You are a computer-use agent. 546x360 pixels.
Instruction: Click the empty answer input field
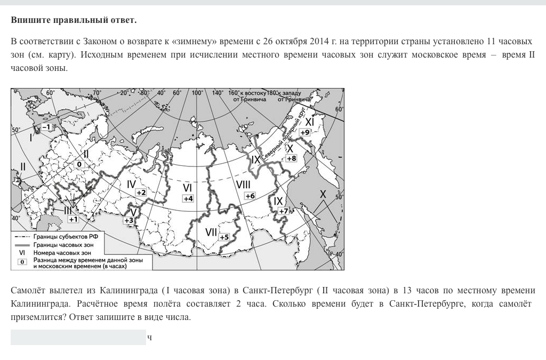click(x=78, y=337)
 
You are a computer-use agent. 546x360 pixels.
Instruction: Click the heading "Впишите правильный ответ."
click(x=74, y=20)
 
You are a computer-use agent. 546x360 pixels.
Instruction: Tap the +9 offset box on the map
click(x=305, y=132)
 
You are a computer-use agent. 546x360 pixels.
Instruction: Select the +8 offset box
click(x=291, y=158)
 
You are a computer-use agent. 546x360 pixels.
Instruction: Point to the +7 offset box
click(x=283, y=211)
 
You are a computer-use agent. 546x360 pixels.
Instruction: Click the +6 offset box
click(x=250, y=196)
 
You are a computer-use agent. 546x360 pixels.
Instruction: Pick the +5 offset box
click(x=224, y=237)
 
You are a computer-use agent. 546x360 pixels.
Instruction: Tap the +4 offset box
click(x=188, y=198)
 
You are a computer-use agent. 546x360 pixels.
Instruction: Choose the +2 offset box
click(x=141, y=192)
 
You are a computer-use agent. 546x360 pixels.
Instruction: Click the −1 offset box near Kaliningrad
click(x=46, y=127)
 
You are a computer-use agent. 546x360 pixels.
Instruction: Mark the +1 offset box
click(x=73, y=219)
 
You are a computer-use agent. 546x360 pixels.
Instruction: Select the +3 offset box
click(x=129, y=220)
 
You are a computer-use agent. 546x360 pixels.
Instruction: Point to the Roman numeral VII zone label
click(x=211, y=233)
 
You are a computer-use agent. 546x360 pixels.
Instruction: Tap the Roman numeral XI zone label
click(x=309, y=122)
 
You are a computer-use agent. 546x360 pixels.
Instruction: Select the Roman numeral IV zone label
click(x=132, y=185)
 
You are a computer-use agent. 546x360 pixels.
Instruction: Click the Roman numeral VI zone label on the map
click(x=187, y=188)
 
